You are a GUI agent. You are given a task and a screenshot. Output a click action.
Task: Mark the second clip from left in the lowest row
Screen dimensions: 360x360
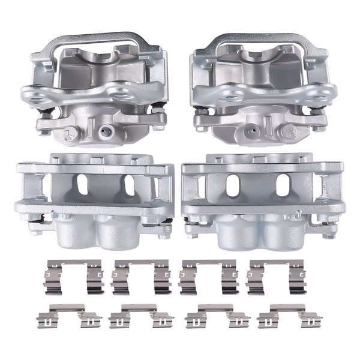point(141,316)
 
